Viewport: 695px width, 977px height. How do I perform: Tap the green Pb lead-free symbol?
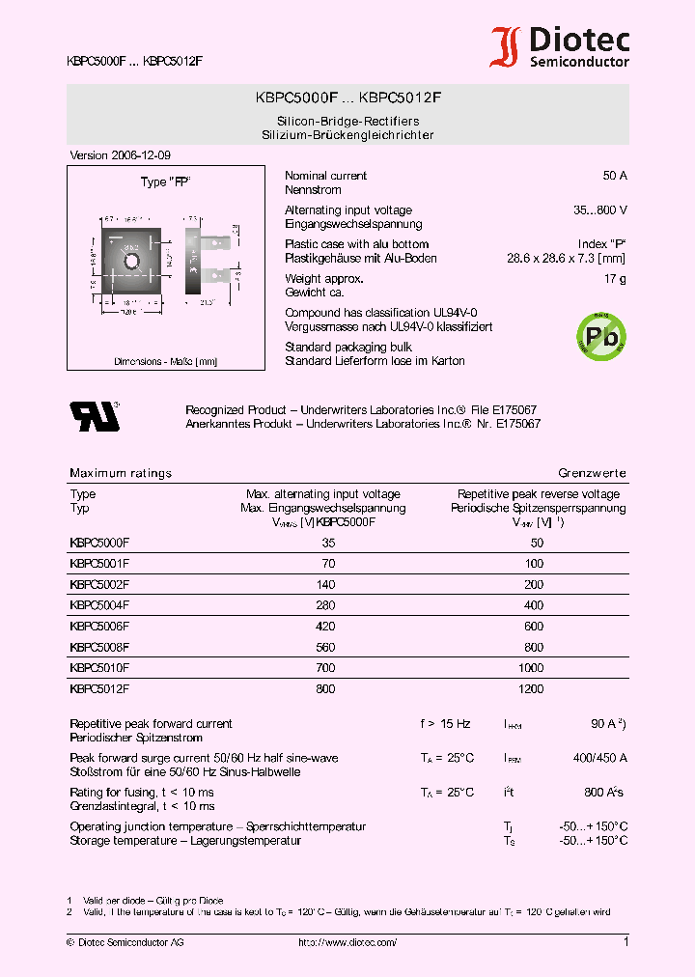(x=600, y=335)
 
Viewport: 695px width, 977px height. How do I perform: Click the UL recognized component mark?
(x=94, y=416)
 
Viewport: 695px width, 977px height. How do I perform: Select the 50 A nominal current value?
(x=614, y=176)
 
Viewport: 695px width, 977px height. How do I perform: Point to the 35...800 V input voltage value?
(x=599, y=209)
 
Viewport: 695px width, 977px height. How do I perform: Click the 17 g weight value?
(x=615, y=279)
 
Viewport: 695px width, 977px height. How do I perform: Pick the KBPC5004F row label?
(x=99, y=605)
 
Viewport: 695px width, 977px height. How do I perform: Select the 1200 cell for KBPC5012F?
(x=532, y=689)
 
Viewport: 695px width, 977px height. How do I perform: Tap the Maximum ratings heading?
(x=121, y=473)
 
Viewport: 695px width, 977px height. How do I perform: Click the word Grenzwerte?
(x=592, y=473)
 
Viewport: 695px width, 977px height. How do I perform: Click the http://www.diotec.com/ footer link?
(x=347, y=942)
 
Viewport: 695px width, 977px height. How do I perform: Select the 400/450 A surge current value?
(x=599, y=758)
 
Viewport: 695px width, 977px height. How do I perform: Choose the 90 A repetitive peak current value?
(x=606, y=724)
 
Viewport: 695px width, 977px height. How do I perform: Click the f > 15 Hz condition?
(x=445, y=724)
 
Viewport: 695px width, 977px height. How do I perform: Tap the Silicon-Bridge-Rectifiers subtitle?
(x=347, y=121)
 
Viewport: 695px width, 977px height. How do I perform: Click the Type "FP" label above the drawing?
(x=165, y=181)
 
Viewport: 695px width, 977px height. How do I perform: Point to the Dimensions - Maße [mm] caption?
(x=165, y=362)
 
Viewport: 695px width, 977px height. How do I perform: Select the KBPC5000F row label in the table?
(x=99, y=544)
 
